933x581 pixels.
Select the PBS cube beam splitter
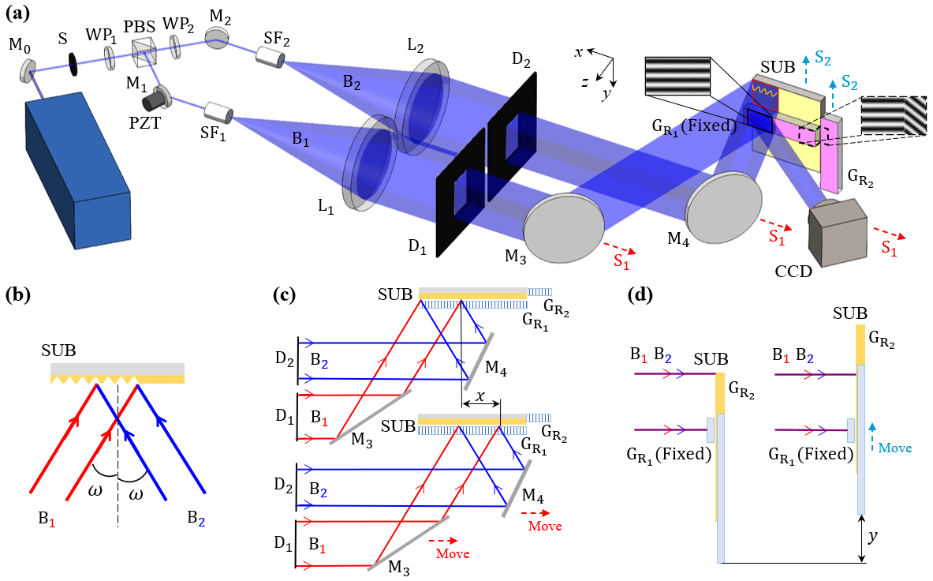144,54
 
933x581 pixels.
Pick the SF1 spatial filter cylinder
218,113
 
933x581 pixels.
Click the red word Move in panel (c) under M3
453,553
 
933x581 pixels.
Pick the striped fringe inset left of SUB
677,77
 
